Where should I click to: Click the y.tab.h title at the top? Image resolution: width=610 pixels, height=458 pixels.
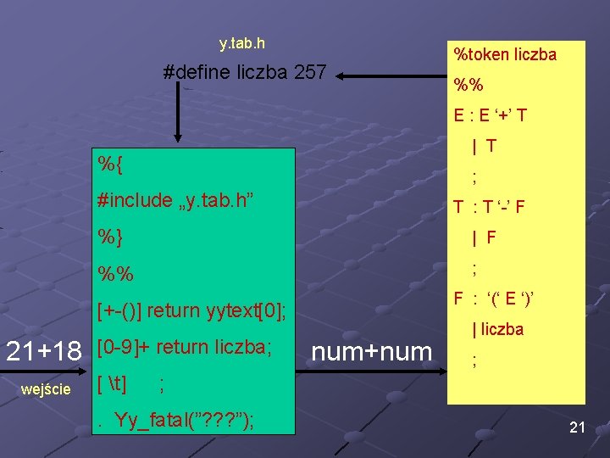(x=242, y=42)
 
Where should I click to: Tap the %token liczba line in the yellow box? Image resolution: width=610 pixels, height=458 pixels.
(x=505, y=55)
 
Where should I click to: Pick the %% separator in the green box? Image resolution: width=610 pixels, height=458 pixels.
(x=114, y=275)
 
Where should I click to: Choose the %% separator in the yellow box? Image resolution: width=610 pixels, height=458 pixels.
(x=469, y=85)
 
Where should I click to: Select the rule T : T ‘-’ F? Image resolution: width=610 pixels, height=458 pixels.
(x=489, y=207)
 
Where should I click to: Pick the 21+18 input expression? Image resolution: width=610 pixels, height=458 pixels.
(x=43, y=350)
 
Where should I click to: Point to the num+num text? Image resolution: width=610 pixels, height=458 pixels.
(x=372, y=350)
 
